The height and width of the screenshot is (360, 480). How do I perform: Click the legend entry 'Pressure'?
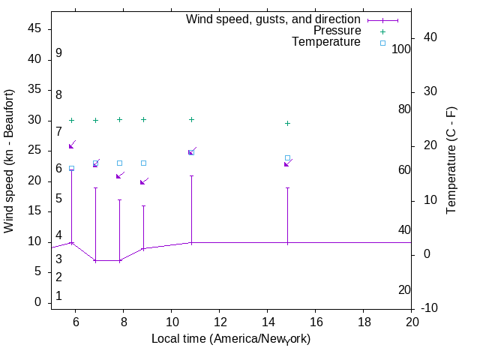(337, 31)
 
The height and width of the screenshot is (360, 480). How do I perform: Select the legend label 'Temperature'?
(326, 42)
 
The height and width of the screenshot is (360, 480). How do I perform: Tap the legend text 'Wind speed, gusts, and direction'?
(273, 19)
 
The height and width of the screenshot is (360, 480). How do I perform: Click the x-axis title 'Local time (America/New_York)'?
(231, 339)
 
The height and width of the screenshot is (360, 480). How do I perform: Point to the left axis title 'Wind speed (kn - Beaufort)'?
(10, 160)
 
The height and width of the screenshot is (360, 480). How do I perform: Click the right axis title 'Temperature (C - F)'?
(451, 160)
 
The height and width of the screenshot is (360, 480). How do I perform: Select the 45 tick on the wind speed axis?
(34, 28)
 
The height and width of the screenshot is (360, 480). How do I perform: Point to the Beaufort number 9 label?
(58, 54)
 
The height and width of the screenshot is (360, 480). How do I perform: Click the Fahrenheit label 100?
(402, 49)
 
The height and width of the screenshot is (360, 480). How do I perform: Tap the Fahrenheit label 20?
(404, 290)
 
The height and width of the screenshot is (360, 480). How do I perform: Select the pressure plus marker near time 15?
(287, 123)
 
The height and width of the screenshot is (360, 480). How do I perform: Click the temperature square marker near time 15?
(287, 158)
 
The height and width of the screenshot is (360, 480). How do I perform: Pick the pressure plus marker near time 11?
(191, 119)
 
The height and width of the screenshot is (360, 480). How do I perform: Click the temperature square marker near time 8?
(119, 163)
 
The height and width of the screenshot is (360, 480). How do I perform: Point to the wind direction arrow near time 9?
(144, 181)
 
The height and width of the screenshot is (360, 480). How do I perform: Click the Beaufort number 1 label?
(58, 296)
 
